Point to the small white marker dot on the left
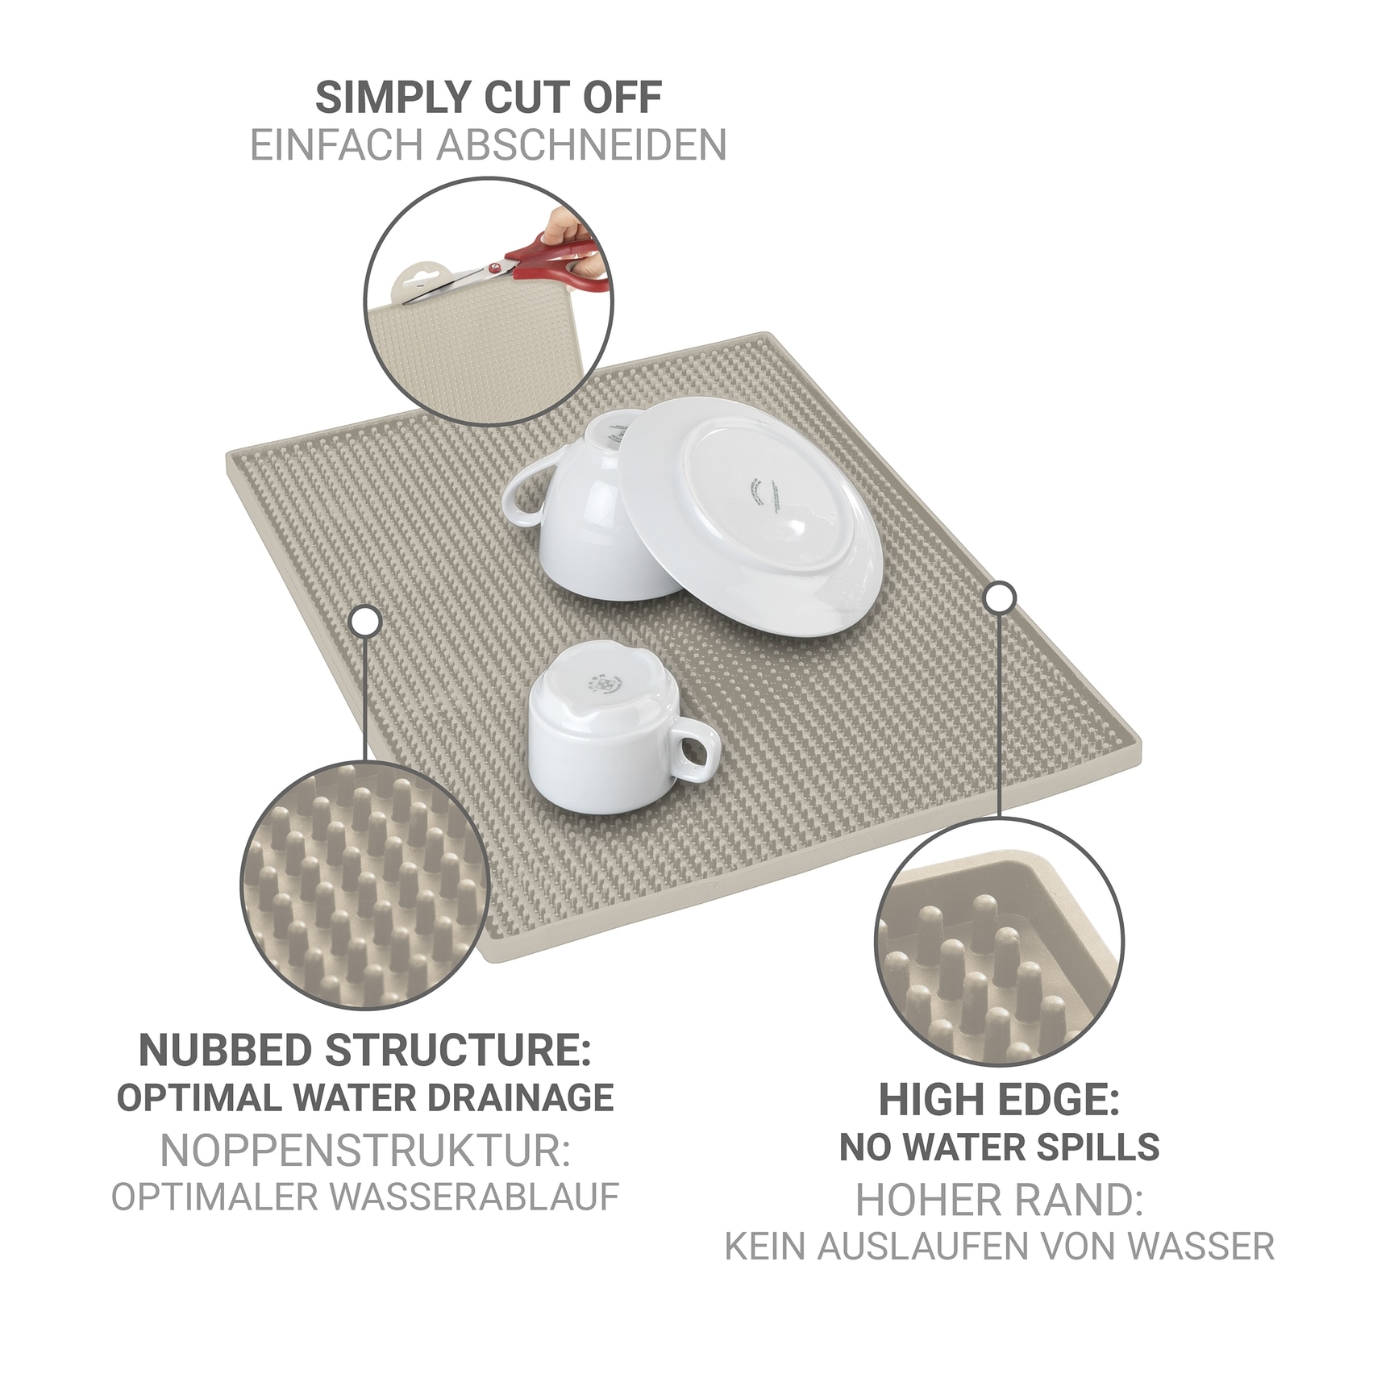364,621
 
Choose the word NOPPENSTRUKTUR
364,1151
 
